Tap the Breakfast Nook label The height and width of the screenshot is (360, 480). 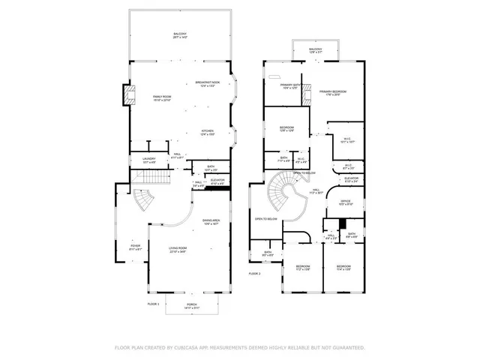point(207,82)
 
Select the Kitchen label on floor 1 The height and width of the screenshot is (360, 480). point(207,132)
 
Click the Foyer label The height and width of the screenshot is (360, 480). point(135,245)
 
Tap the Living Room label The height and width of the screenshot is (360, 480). point(177,250)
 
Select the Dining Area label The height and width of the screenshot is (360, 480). point(211,220)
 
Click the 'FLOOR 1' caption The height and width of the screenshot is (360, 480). point(153,303)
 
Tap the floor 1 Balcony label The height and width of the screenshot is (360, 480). point(179,34)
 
